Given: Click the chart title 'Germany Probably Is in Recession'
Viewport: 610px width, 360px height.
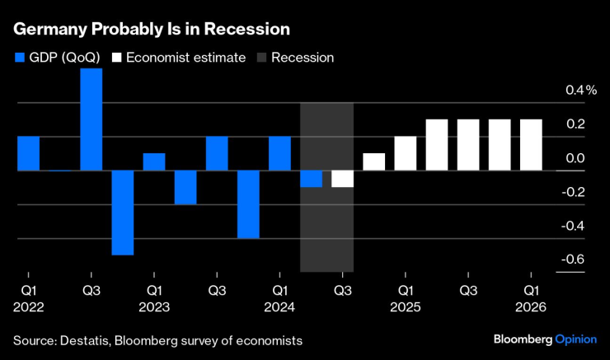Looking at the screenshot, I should pos(151,29).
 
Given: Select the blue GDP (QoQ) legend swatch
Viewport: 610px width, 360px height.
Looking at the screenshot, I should pos(19,58).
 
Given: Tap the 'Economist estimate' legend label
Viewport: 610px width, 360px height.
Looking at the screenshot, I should pos(185,58).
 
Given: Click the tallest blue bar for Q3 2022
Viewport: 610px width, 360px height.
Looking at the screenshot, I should pos(91,119).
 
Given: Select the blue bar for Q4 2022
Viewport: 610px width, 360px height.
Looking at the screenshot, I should pos(123,213).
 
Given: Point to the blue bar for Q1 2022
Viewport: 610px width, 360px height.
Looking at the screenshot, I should pos(29,153).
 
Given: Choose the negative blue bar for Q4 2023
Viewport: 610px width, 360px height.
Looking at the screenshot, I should pos(248,204).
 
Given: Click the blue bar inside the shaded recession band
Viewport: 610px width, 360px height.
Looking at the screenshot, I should pos(311,179).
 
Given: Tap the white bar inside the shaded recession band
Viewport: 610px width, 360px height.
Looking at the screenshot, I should pos(342,179).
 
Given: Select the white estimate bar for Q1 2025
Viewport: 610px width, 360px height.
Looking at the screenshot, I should pos(405,153).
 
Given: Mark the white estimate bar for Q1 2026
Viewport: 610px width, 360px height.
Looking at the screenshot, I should pos(531,145).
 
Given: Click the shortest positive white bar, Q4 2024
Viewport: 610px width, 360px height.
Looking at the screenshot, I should pos(373,161).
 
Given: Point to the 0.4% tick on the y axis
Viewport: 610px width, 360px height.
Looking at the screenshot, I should pos(580,90).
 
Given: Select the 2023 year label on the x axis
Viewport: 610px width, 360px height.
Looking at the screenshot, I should pos(154,307).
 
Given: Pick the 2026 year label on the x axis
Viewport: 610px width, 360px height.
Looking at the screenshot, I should pos(531,307).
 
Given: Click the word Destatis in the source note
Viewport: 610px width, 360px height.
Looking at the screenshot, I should pos(83,339).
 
